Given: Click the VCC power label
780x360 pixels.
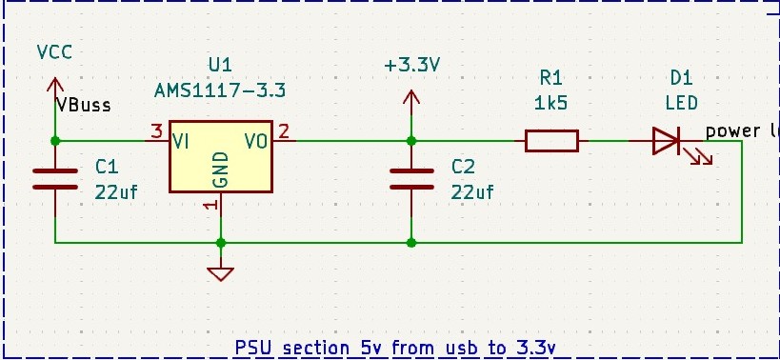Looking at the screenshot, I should pos(54,51).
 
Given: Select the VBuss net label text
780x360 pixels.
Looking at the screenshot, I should pos(83,105).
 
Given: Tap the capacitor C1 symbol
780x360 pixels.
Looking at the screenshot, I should pos(55,178).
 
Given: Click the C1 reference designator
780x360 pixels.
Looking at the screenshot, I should pos(106,168).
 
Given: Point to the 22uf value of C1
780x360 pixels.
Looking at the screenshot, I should pos(116,191).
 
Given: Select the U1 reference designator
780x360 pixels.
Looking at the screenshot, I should pos(220,65).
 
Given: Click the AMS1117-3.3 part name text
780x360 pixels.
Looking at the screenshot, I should pos(220,90).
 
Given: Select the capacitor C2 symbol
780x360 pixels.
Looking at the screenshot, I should pos(411,178).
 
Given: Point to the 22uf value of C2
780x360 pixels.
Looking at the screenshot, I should pos(472,191).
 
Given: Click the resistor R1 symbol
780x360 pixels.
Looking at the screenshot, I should pos(551,141).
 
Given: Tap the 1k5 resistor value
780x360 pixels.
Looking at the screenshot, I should pos(551,102).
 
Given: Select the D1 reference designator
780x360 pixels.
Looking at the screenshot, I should pos(680,77).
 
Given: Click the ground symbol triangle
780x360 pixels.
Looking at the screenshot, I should pos(221,274).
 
